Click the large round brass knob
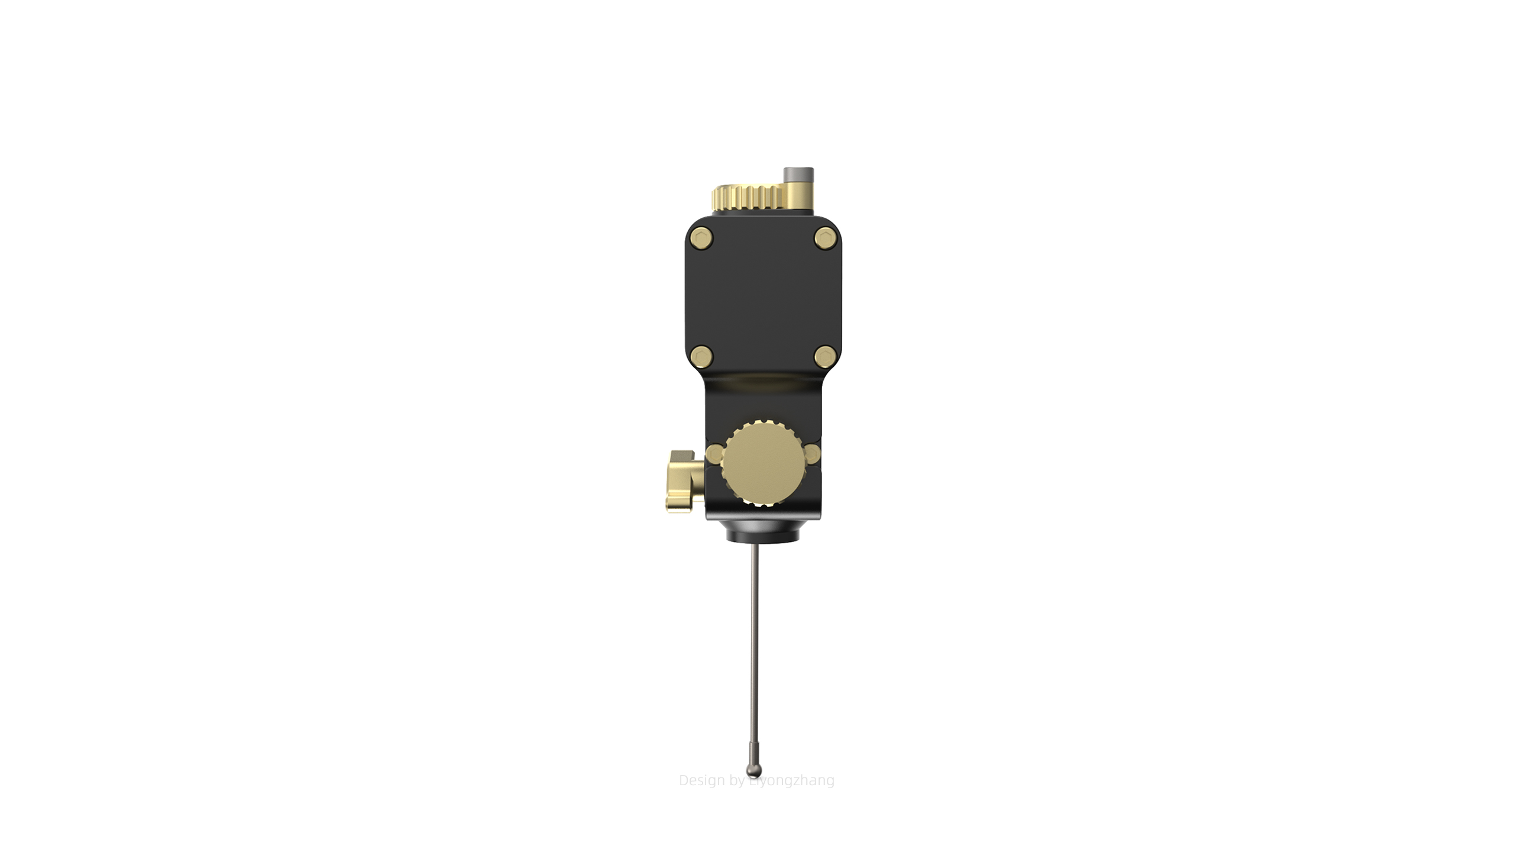click(763, 463)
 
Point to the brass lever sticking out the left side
click(684, 481)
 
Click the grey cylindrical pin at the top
click(798, 175)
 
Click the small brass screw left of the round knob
click(714, 454)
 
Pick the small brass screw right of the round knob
click(813, 454)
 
